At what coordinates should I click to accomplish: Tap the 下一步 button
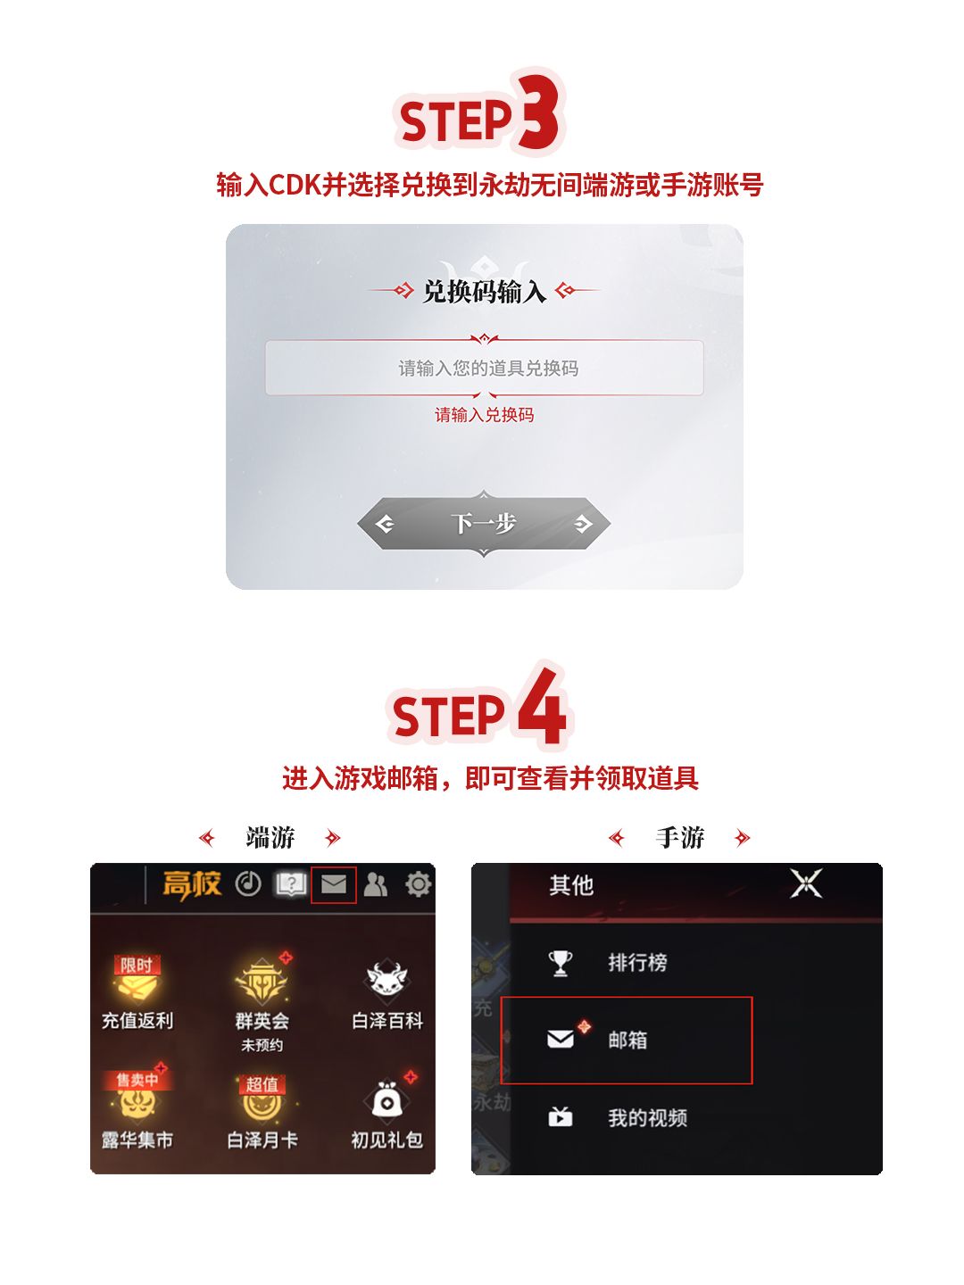point(484,523)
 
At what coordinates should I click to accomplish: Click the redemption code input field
point(484,368)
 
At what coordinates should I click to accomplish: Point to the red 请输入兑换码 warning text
point(484,415)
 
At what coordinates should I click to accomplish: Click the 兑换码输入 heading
point(484,291)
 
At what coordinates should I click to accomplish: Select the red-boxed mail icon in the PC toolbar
point(333,884)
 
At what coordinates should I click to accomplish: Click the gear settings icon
point(418,884)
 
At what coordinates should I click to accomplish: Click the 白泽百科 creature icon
point(387,980)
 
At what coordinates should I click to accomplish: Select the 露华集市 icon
point(137,1099)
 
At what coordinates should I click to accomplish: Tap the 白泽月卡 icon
point(262,1101)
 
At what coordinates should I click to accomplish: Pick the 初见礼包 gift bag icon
point(386,1101)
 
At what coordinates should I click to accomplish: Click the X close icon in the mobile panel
point(805,884)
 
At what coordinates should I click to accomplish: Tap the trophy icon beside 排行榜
point(560,963)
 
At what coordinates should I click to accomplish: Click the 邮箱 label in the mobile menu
point(627,1040)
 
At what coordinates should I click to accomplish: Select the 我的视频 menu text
point(647,1117)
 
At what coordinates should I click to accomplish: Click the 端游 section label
point(270,837)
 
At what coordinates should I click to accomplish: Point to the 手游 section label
point(679,837)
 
